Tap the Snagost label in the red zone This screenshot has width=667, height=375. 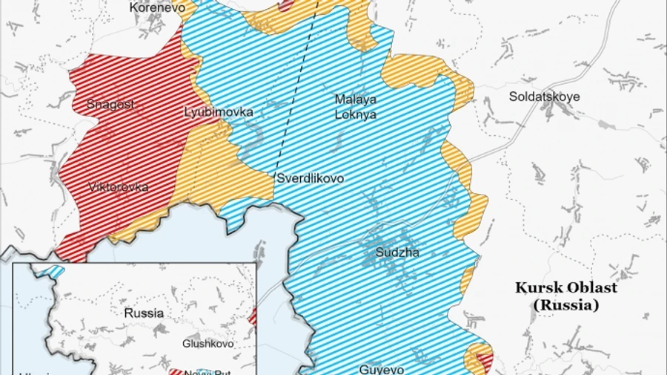[x=110, y=105]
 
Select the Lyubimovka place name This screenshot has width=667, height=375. [x=218, y=112]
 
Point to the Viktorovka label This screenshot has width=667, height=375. [x=118, y=186]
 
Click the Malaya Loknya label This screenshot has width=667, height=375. [x=355, y=107]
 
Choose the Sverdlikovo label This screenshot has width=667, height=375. [x=310, y=179]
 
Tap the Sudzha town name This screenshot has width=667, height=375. [x=397, y=252]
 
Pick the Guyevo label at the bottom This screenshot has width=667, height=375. [x=382, y=368]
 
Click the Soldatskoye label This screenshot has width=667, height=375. [x=544, y=97]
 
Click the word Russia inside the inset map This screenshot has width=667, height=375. [x=144, y=313]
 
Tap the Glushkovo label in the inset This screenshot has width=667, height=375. [x=208, y=344]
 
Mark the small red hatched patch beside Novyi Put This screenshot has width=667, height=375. [x=176, y=372]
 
